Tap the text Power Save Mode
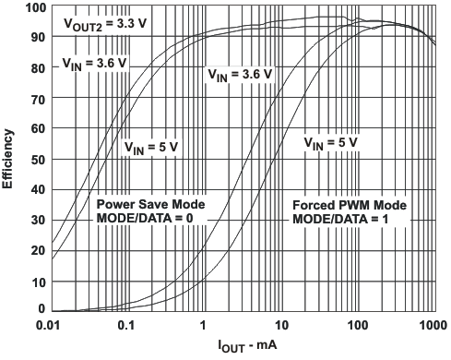pos(150,204)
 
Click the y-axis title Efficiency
pos(8,160)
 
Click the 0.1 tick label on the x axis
pos(127,327)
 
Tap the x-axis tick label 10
pos(280,327)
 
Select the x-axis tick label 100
pos(356,327)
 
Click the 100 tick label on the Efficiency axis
pos(34,8)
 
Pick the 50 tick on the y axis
pos(38,159)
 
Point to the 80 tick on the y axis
pos(38,68)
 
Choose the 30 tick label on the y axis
pos(38,219)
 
